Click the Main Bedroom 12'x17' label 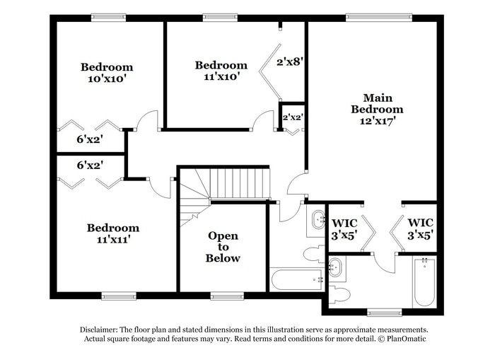tap(377, 109)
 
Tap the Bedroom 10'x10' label tap(106, 73)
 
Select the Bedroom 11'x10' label tap(221, 71)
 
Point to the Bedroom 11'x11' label tap(112, 233)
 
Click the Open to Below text tap(223, 247)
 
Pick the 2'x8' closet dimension tap(289, 62)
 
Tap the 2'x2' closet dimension tap(292, 117)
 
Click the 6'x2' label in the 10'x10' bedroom tap(90, 139)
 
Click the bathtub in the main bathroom tap(424, 281)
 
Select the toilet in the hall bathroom tap(313, 254)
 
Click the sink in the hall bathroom tap(317, 219)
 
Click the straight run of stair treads tap(240, 184)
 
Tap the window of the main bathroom tap(384, 312)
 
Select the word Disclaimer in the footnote tap(100, 330)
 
